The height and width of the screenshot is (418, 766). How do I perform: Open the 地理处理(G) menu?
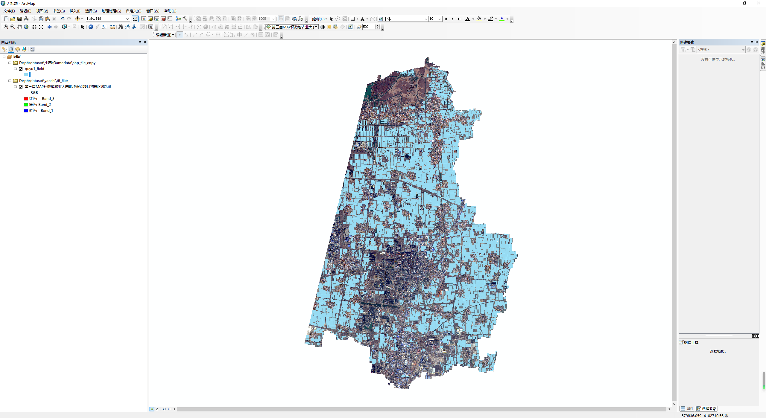pos(111,11)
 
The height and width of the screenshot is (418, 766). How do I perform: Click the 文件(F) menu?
pos(9,11)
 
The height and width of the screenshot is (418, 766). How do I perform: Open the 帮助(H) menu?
pos(170,11)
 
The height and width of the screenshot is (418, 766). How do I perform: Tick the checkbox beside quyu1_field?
pos(21,69)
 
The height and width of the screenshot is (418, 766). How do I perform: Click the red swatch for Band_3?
pos(26,99)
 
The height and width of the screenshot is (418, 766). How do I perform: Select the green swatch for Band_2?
pos(26,105)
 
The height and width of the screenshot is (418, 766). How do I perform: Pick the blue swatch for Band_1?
pos(26,111)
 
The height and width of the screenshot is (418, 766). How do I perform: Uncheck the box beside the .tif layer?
pos(21,87)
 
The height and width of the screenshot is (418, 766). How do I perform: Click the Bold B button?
pos(446,19)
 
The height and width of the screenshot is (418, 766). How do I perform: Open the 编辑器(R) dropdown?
pos(165,35)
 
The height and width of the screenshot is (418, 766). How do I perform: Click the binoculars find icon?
pos(121,27)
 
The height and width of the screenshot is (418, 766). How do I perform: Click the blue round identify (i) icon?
pos(91,27)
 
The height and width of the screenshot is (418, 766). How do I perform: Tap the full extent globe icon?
pos(26,27)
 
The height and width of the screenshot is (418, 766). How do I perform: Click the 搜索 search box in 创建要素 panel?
pos(720,50)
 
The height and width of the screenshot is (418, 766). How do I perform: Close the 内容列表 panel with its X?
pos(145,42)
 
